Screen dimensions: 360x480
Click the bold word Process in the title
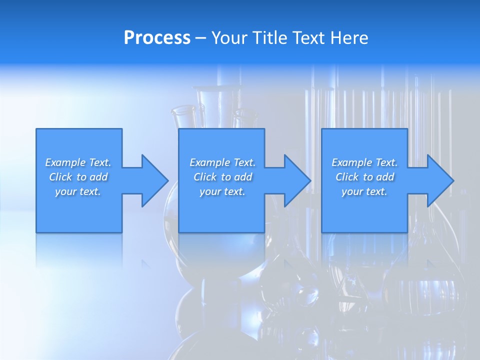click(x=157, y=38)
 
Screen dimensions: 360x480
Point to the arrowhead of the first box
click(x=155, y=180)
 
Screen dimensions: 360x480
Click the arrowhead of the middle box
click(x=297, y=180)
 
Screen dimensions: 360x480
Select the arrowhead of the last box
click(x=440, y=180)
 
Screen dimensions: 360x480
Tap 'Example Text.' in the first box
click(x=78, y=162)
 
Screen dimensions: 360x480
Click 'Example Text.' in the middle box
click(x=222, y=162)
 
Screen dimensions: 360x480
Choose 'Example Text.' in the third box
click(x=364, y=162)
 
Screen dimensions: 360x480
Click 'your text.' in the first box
click(x=78, y=191)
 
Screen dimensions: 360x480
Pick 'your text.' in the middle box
click(x=222, y=191)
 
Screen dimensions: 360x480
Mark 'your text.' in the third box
click(x=364, y=191)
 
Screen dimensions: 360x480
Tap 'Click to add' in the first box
click(x=78, y=177)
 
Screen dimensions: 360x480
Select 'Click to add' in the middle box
click(x=222, y=177)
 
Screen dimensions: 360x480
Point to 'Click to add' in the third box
click(x=364, y=177)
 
